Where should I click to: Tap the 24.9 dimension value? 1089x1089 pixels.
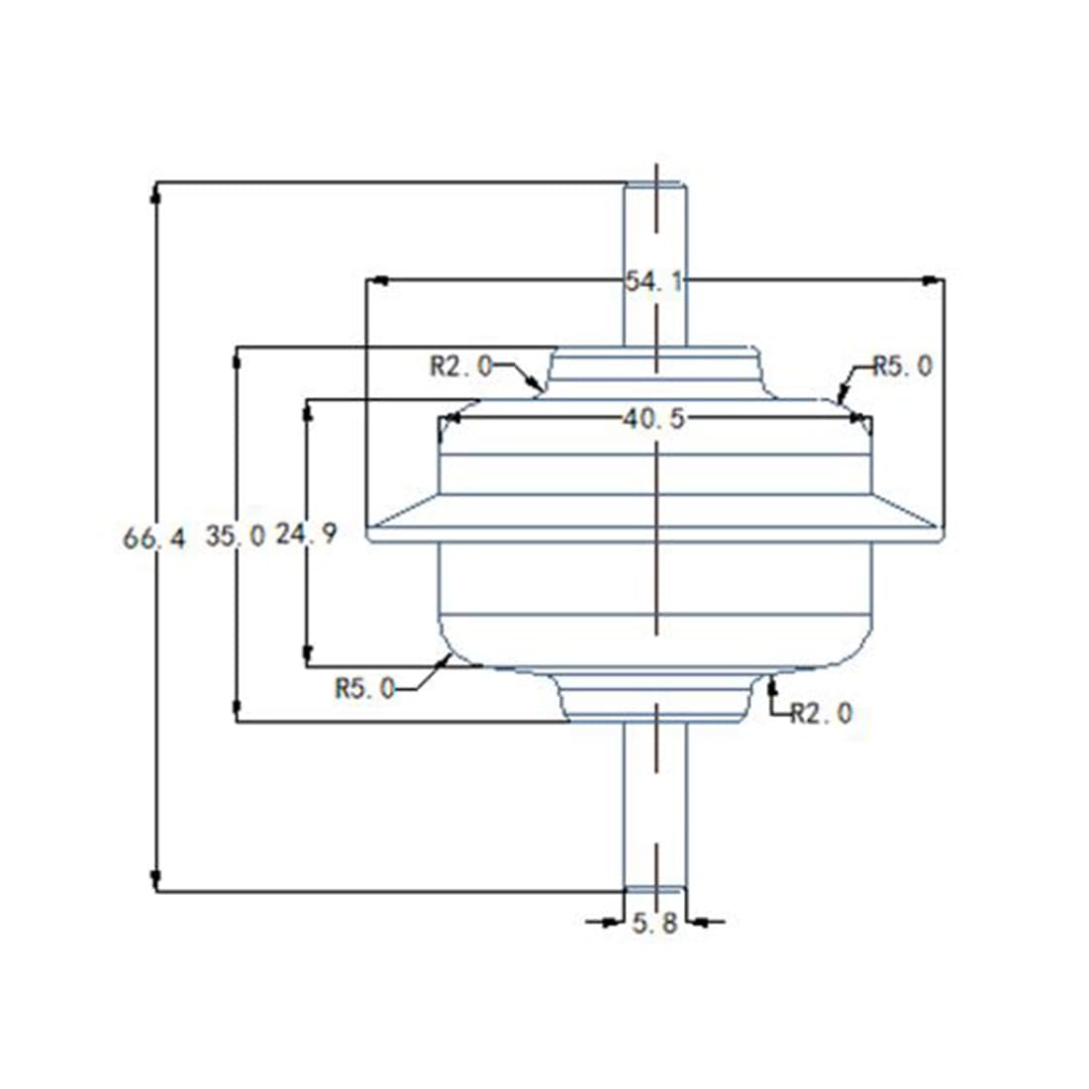point(306,534)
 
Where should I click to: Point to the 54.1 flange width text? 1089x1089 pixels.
point(653,281)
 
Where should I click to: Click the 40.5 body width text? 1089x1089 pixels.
point(653,419)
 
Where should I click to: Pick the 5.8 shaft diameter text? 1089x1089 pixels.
point(654,924)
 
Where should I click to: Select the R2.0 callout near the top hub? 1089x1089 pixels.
point(460,365)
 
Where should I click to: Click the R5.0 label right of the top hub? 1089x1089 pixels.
point(902,365)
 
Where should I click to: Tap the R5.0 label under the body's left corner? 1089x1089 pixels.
point(365,687)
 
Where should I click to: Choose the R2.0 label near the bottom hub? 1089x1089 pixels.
point(821,712)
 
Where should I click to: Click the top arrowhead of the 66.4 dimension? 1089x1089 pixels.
point(155,193)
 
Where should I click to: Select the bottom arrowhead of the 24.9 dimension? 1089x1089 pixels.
point(308,654)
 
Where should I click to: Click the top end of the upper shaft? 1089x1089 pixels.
point(654,184)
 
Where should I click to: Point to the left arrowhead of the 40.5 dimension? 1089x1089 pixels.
point(450,419)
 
